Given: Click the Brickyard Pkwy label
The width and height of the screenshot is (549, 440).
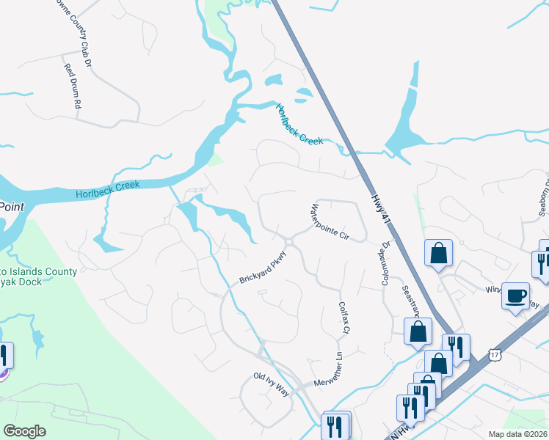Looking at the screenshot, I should (x=261, y=269).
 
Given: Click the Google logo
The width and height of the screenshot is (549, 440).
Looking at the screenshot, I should (x=24, y=431).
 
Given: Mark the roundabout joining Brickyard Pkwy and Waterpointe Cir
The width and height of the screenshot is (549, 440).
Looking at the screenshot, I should (x=289, y=241).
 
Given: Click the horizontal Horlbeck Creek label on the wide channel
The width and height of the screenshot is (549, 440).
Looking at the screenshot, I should (x=107, y=190).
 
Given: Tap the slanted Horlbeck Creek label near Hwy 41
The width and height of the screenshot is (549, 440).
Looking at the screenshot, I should (x=299, y=125).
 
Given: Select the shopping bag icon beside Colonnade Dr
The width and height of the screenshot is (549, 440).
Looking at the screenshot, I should (x=438, y=253).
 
